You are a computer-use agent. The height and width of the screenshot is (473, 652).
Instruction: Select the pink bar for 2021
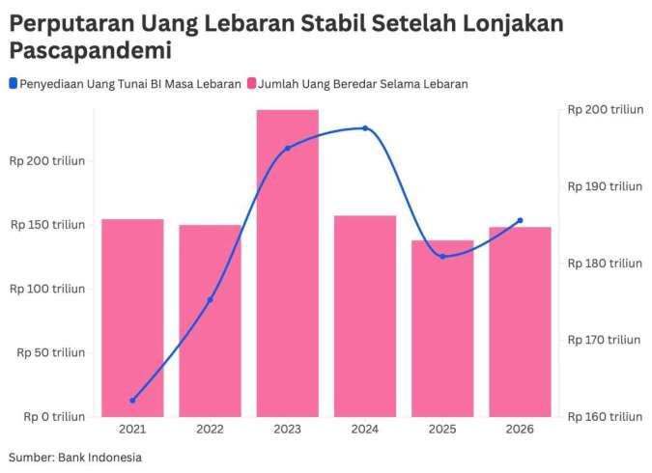(132, 319)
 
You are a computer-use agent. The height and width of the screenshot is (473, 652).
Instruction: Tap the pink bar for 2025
(442, 328)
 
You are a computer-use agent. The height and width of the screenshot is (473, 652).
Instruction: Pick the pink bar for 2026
(520, 322)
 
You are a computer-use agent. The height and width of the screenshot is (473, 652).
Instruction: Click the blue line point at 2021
(132, 400)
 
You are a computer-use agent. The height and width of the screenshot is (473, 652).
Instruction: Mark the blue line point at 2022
(210, 299)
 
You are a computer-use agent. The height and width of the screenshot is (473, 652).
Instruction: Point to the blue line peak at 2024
(365, 128)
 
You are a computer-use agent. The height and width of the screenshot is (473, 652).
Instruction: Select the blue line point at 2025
(442, 257)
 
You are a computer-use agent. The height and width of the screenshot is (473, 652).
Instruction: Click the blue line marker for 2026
(520, 220)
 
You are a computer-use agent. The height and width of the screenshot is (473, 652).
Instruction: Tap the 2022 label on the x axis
(210, 430)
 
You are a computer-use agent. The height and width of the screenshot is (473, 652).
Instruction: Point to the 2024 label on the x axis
(365, 430)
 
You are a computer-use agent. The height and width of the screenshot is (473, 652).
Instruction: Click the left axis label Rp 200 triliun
(48, 160)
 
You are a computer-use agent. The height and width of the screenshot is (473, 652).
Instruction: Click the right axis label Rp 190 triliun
(604, 185)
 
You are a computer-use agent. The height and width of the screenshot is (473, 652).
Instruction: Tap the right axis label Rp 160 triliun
(604, 417)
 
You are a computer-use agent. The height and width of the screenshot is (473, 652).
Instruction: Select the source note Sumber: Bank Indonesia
(75, 457)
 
